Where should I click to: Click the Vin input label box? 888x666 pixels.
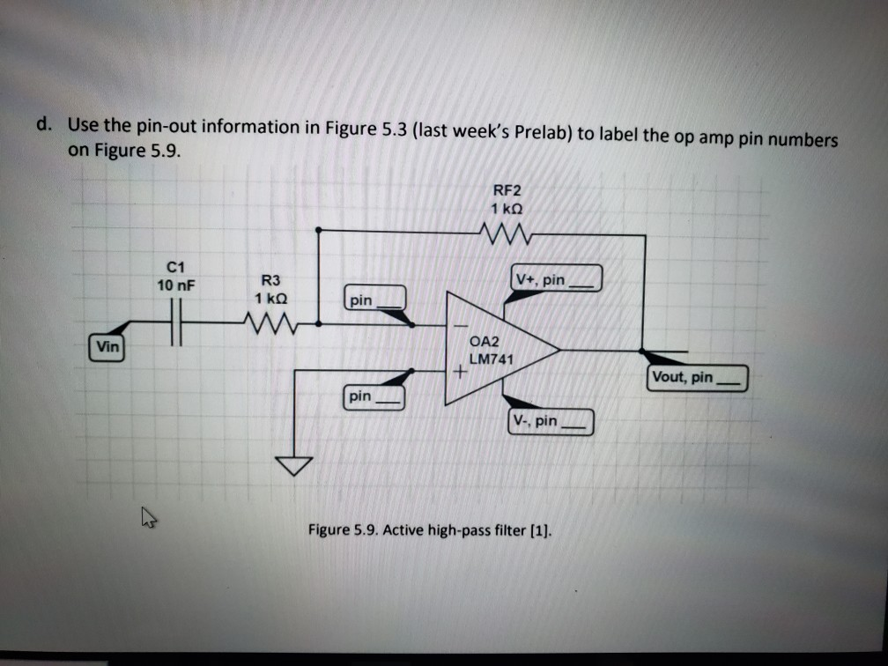[x=107, y=347]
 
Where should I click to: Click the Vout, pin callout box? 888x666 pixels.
[x=697, y=378]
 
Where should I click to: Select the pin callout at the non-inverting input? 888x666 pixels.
[x=374, y=397]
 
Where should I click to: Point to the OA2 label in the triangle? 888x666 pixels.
[x=485, y=342]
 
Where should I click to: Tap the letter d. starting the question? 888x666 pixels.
[x=44, y=124]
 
